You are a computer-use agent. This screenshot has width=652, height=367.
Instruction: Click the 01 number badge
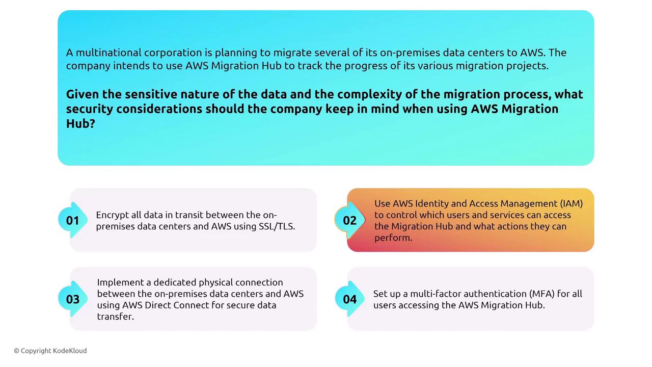[x=72, y=220]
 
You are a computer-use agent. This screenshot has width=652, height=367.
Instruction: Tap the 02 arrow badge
[x=349, y=220]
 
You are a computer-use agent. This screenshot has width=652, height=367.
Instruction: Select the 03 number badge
[x=72, y=299]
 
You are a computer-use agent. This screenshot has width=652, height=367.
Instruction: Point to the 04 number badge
[x=349, y=299]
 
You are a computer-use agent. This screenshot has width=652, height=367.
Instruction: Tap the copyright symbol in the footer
[x=17, y=351]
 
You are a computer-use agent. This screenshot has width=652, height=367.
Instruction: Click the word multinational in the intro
[x=108, y=53]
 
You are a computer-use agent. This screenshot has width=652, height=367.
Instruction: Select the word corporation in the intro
[x=173, y=53]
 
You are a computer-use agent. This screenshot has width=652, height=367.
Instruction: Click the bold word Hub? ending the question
[x=80, y=123]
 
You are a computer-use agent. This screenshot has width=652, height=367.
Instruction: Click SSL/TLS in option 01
[x=277, y=226]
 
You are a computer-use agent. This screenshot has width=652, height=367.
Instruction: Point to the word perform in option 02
[x=393, y=238]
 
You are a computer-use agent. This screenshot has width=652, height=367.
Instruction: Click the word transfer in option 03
[x=115, y=317]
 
